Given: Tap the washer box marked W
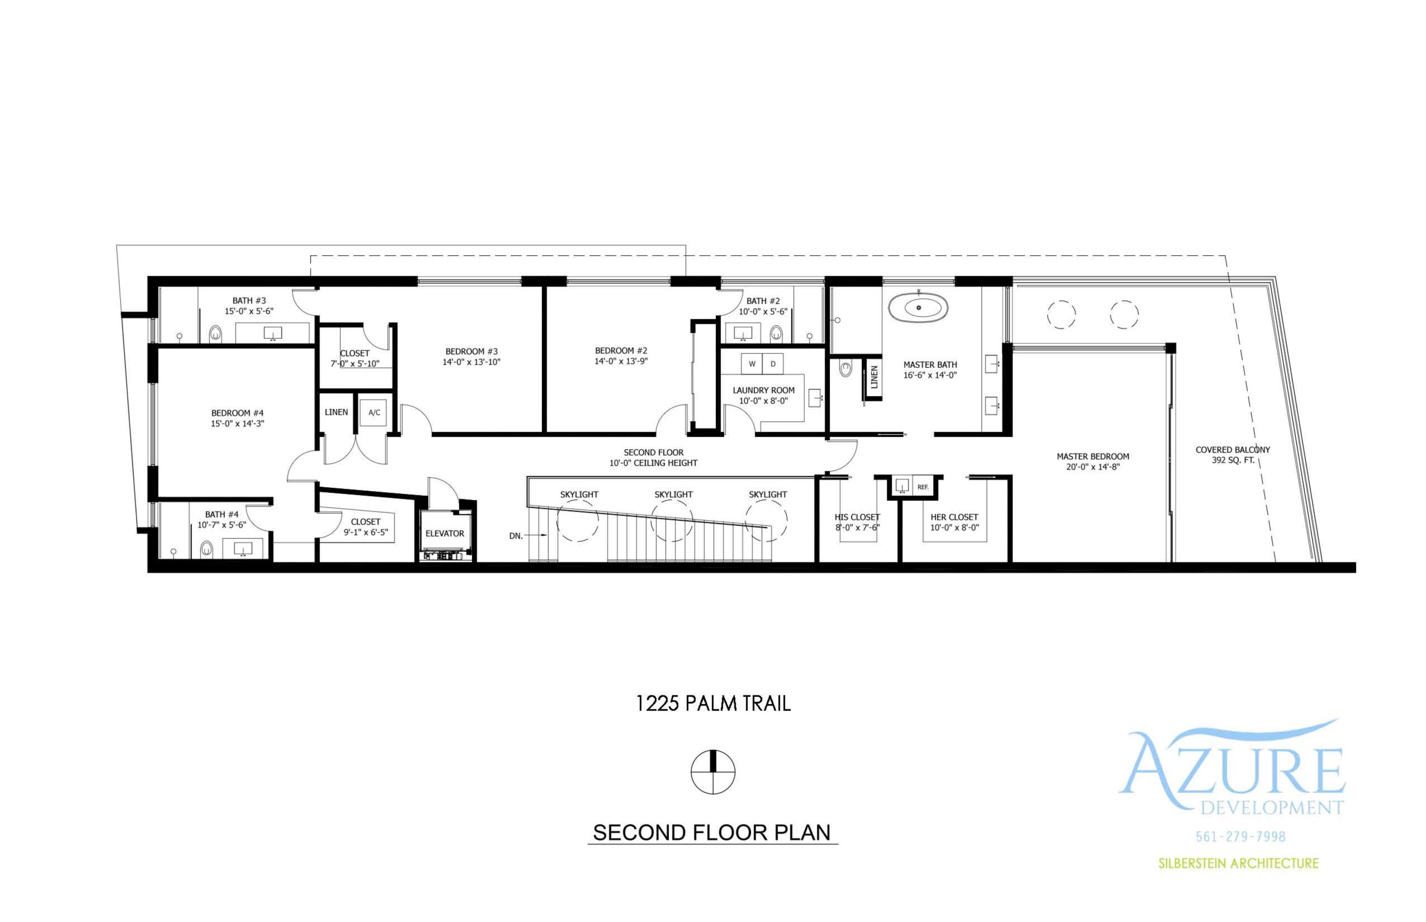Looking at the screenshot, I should coord(752,363).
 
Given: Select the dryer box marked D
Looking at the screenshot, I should coord(773,363).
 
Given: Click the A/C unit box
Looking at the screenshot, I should coord(374,412).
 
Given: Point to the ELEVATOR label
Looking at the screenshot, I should coord(444,533).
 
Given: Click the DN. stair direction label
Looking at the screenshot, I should coord(516,536).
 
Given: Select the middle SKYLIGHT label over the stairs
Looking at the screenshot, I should coord(673,494).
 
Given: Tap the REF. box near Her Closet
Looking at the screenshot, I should coord(923,487).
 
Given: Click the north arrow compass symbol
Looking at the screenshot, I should coord(713,772).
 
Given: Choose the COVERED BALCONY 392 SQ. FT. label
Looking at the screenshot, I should coord(1233,455).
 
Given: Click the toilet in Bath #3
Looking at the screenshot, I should coord(216,333).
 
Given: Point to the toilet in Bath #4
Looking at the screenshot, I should coord(206,549).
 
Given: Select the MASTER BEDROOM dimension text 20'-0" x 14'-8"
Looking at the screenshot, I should coord(1092,467).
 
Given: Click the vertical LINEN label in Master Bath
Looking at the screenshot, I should coord(874,377).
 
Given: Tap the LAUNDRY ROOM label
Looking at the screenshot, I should coord(763,390).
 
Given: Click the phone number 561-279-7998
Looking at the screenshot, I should coord(1240,836).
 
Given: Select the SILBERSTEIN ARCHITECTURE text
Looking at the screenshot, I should coord(1238,863).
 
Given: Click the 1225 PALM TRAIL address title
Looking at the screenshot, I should coord(713,703).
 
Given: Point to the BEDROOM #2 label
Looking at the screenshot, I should coord(621,351).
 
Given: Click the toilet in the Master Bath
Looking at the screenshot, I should coord(845,368).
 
